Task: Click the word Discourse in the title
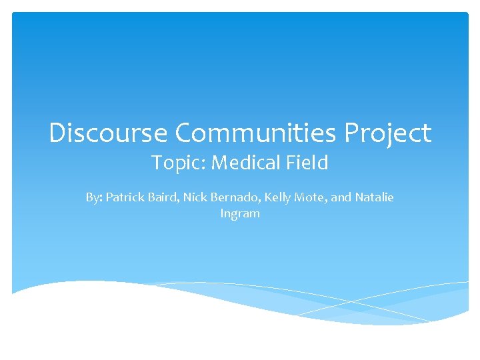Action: [x=108, y=133]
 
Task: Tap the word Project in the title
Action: [x=388, y=135]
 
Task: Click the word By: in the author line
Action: [x=94, y=198]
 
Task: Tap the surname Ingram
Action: [x=239, y=215]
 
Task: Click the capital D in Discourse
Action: [x=57, y=133]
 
